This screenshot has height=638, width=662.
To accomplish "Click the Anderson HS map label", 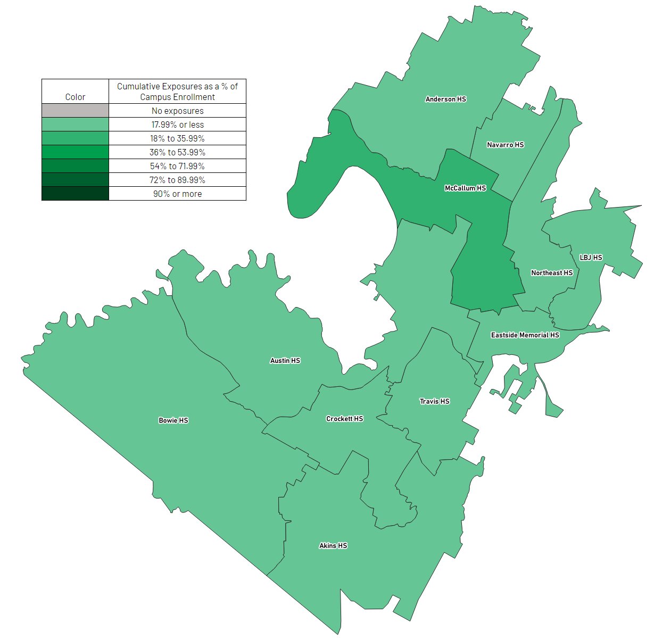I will point(445,99).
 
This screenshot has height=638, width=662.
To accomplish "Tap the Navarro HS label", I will point(505,145).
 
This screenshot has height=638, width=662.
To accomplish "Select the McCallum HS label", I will point(465,188).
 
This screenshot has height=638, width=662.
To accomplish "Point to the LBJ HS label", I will point(591,258).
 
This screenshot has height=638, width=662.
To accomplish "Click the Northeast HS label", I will point(552,273).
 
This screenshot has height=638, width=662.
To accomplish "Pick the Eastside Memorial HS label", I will point(525,335).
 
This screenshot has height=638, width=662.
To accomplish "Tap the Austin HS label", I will point(285,361).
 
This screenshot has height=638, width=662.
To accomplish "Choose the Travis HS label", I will point(434,401).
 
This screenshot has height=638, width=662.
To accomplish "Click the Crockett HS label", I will point(344,419).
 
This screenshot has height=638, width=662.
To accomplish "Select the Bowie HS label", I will point(173,420).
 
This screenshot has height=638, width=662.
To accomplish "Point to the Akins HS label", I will point(333,546).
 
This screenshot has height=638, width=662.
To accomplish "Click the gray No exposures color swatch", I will point(75,111).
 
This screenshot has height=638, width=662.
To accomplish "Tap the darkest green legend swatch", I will point(75,194).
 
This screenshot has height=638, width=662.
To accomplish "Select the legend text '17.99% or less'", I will point(177,125).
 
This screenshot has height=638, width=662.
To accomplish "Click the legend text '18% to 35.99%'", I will point(177,138).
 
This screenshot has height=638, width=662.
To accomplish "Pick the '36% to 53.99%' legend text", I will point(177,152).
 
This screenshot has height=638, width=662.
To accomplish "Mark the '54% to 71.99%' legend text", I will point(177,166).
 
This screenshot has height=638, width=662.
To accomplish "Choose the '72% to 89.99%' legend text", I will point(177,180).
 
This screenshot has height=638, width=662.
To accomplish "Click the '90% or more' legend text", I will point(177,194).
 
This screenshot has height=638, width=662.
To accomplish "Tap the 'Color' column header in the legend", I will point(75,97).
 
